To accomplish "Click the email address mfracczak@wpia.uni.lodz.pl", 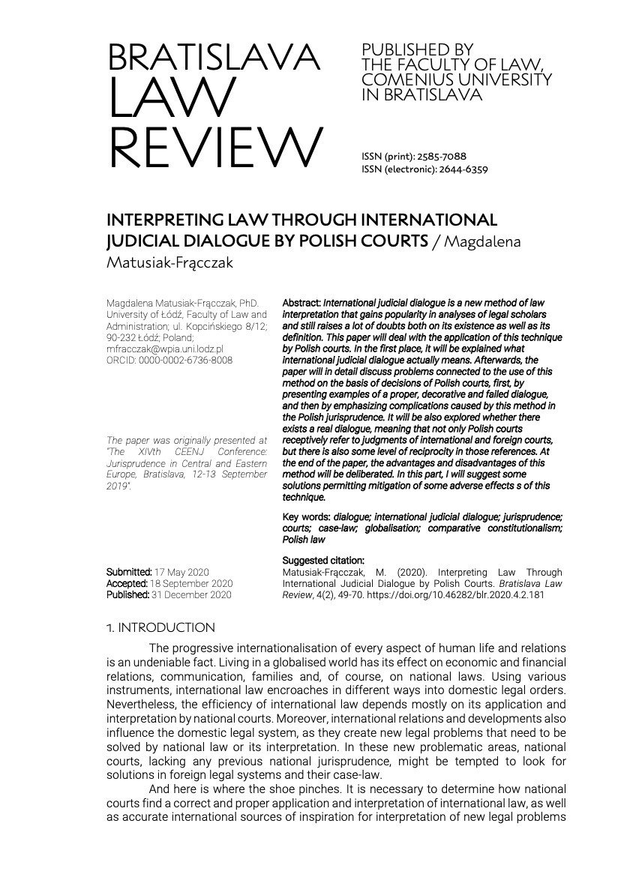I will point(165,349).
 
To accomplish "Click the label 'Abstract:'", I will point(301,302).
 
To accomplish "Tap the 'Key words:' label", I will point(307,517).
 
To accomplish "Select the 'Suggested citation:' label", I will point(323,560).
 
